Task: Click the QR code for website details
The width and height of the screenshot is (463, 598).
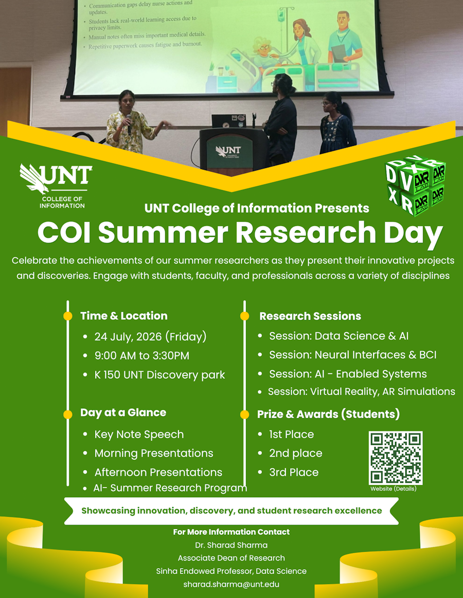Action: [396, 458]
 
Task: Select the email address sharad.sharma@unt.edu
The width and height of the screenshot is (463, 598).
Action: [231, 584]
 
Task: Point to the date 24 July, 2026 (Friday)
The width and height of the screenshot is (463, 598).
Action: [151, 337]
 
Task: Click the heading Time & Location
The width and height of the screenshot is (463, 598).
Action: [124, 316]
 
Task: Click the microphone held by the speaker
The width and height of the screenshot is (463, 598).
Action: [129, 124]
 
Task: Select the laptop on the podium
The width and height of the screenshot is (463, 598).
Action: [229, 121]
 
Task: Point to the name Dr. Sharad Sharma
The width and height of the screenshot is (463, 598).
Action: [231, 545]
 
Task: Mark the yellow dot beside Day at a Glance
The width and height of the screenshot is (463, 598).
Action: [67, 414]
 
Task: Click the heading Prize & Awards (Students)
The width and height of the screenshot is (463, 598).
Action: [329, 414]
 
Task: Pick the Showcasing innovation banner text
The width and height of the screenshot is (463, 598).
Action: [232, 511]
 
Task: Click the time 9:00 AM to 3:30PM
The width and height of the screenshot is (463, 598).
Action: [141, 356]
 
